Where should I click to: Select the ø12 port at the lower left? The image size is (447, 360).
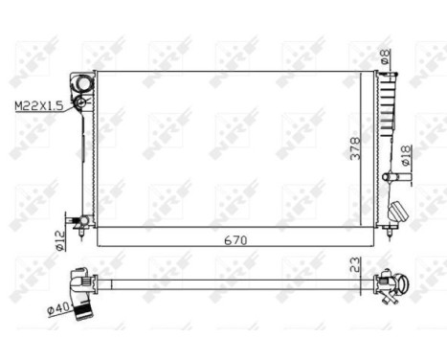click(x=84, y=221)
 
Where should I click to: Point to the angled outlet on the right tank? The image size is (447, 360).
click(x=400, y=212)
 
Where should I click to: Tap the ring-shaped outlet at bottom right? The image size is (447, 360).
click(x=402, y=283)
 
